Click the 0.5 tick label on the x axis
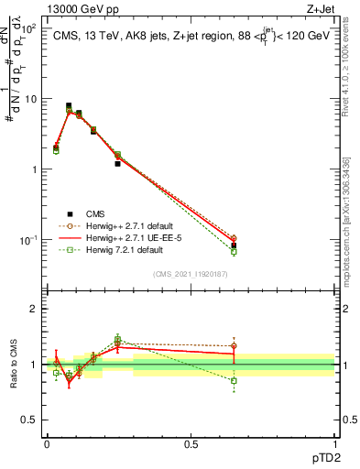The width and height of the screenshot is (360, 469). (191, 443)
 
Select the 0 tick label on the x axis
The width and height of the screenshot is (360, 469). (47, 443)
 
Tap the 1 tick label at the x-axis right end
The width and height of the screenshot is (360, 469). (334, 443)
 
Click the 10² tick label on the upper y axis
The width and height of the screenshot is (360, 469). (29, 29)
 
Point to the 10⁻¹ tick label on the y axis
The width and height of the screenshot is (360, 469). (28, 240)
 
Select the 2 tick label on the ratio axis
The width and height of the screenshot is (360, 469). (34, 309)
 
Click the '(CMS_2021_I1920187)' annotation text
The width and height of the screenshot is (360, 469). (191, 274)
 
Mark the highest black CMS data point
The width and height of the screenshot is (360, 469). (69, 106)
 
